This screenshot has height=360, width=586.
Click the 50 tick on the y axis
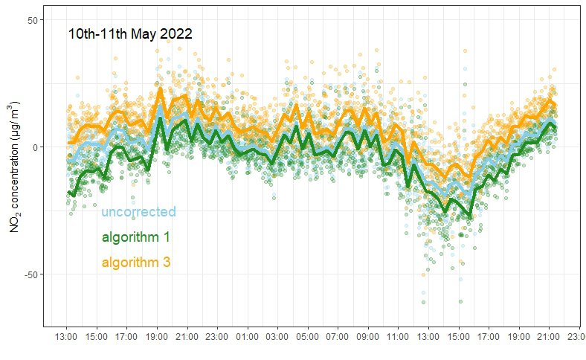coord(33,19)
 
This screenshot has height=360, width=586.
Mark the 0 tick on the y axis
coord(36,147)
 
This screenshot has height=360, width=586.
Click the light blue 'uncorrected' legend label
coord(138,212)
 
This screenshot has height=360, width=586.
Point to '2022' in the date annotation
coord(178,33)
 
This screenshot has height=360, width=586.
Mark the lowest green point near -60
coord(460,301)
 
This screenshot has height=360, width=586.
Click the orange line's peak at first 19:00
coord(160,89)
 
